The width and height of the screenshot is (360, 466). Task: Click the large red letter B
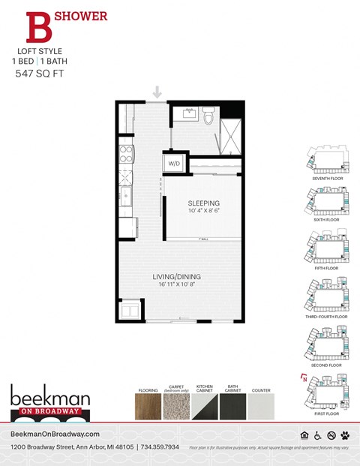pos(37,26)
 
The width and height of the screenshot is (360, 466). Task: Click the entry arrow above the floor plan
pos(157,92)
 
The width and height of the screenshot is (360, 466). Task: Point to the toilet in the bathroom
pos(209,116)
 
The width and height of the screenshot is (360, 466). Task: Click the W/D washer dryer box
pos(174,163)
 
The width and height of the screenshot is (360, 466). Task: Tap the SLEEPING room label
pos(203,203)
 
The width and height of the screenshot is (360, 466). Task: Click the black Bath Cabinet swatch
pos(232,408)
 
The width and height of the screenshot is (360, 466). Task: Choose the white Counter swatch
pos(260,408)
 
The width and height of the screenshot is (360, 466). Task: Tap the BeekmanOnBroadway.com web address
pos(55,434)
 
